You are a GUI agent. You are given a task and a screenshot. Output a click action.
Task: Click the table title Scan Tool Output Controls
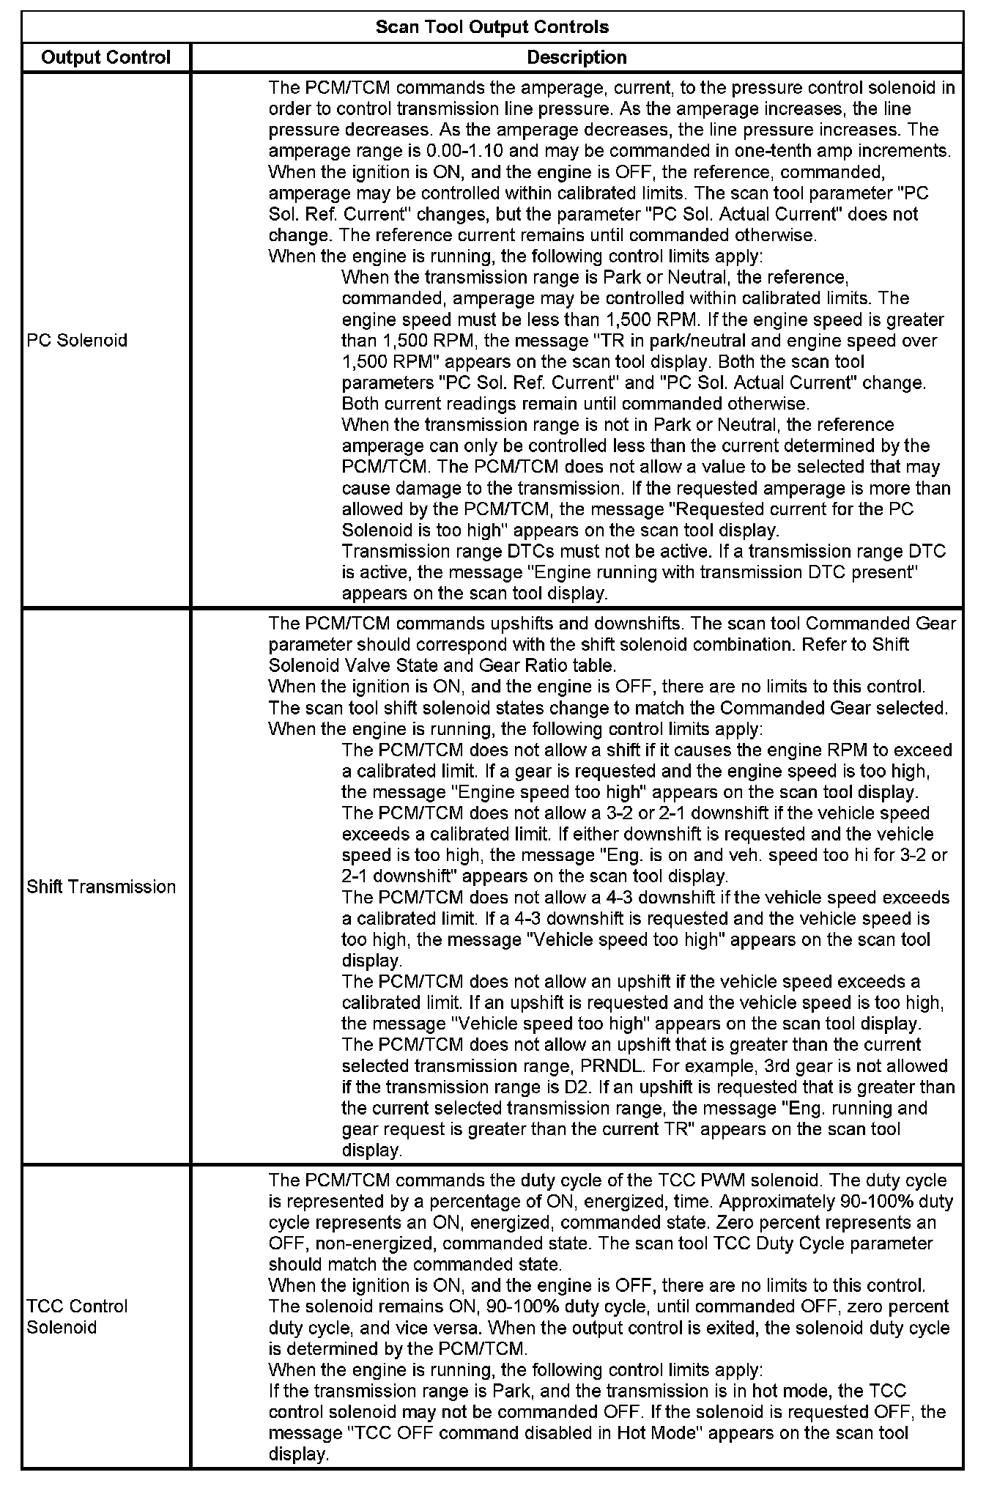492,28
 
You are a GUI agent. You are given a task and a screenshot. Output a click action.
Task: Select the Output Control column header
106,57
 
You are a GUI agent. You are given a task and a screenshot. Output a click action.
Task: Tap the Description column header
577,57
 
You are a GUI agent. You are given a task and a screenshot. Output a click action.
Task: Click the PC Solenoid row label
77,340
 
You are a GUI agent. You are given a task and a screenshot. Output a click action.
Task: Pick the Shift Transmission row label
101,887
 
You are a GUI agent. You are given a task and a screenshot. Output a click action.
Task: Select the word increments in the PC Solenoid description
908,151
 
